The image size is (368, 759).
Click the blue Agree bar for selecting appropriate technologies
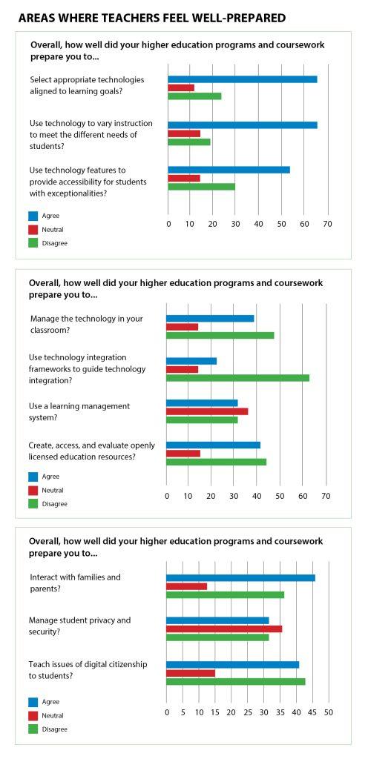click(x=243, y=79)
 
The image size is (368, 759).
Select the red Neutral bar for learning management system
click(x=207, y=411)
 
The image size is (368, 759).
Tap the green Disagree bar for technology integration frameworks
click(x=237, y=378)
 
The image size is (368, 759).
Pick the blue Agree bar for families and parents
click(x=240, y=578)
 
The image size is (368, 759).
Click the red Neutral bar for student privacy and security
click(x=224, y=629)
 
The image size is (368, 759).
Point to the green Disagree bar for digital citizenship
click(x=236, y=682)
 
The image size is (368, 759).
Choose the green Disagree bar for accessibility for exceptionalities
click(x=201, y=187)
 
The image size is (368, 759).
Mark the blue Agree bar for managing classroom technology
click(x=210, y=319)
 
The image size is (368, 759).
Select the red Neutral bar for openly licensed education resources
click(x=183, y=454)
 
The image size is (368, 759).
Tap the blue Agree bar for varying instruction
click(x=243, y=125)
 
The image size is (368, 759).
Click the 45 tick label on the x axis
click(x=312, y=712)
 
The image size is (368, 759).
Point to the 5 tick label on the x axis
click(x=183, y=712)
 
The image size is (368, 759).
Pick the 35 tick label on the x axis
click(x=280, y=712)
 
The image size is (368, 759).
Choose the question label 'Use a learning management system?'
click(x=79, y=411)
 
